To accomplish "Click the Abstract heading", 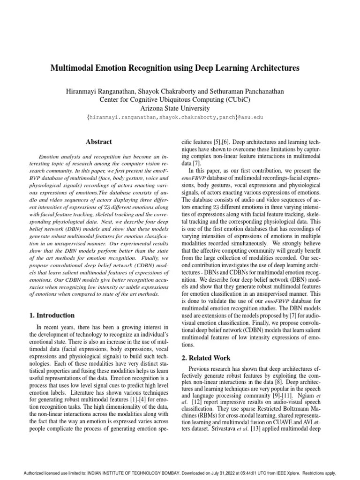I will [98, 141].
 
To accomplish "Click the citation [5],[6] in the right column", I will [225, 141].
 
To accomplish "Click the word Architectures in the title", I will [272, 68].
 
